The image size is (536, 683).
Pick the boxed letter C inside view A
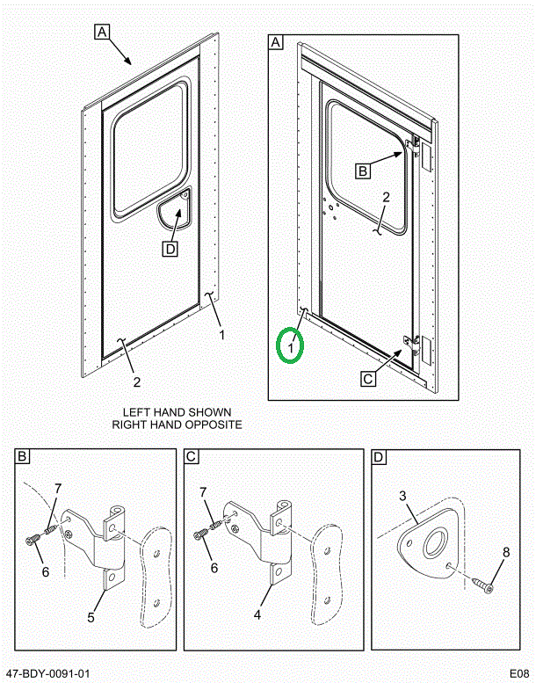(368, 379)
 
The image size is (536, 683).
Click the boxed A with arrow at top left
(101, 33)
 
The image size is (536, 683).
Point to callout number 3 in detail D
(403, 497)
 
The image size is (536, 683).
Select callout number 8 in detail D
(505, 553)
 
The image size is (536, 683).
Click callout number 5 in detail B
(90, 617)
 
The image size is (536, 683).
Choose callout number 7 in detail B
(58, 488)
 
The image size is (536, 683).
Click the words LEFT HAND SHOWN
(176, 412)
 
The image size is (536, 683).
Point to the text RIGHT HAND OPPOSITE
(176, 425)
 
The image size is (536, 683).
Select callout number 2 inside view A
(386, 198)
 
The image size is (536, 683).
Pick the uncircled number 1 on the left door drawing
(221, 334)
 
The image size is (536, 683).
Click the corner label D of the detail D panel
(379, 457)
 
